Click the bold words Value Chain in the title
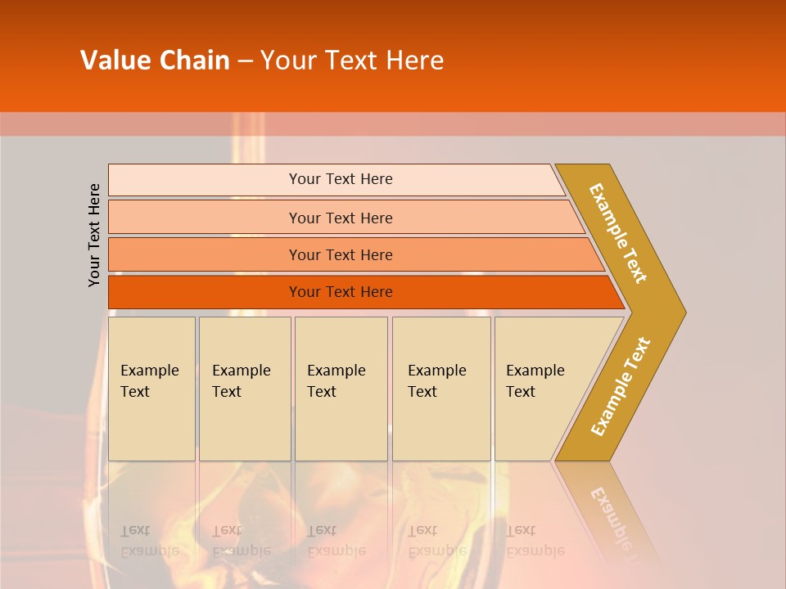(x=155, y=61)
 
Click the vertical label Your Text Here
(x=94, y=235)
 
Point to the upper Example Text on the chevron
(x=618, y=233)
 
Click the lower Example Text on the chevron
(x=621, y=386)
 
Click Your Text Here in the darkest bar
(x=341, y=292)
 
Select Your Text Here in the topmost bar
(x=341, y=179)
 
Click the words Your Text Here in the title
(x=352, y=61)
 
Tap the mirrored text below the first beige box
(x=149, y=541)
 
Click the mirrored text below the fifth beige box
(x=535, y=541)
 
